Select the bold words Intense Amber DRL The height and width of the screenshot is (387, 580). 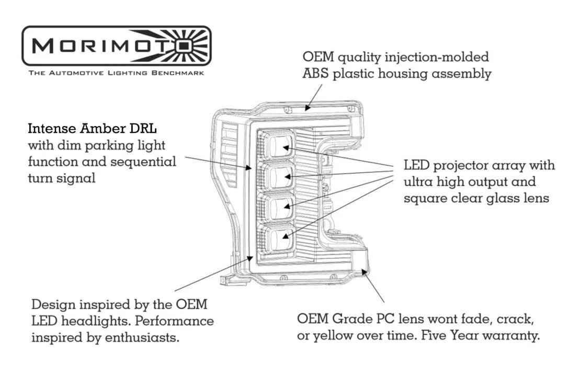(x=92, y=128)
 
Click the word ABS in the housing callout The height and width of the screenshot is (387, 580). (x=314, y=74)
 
